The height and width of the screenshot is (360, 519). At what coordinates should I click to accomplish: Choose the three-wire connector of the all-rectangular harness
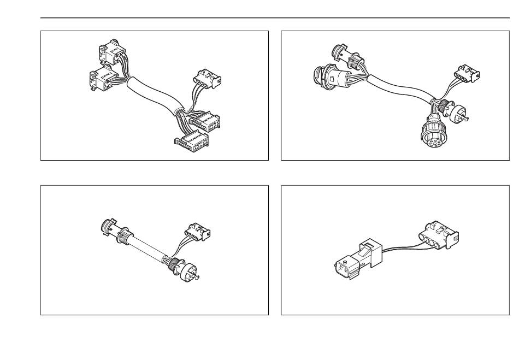(206, 79)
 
